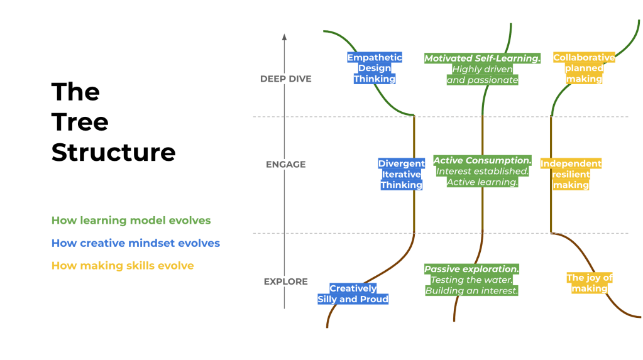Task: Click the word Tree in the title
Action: [x=80, y=122]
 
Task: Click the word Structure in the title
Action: [x=113, y=152]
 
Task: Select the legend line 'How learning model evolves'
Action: [x=131, y=221]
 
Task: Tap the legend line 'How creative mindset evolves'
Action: [x=135, y=243]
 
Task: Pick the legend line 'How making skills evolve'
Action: [x=123, y=266]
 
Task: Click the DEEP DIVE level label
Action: [x=285, y=79]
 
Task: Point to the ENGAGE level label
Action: [x=285, y=165]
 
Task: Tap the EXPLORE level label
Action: [x=285, y=281]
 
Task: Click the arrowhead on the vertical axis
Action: [x=284, y=38]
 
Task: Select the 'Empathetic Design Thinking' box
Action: [x=375, y=68]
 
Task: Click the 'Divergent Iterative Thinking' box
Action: [x=401, y=174]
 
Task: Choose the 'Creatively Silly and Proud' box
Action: [x=353, y=294]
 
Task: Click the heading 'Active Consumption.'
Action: [x=482, y=161]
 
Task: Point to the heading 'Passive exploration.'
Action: [x=471, y=269]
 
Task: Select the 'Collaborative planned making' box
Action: [x=584, y=68]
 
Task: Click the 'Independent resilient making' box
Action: [x=571, y=174]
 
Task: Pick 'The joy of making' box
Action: [x=589, y=283]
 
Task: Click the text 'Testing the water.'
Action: [x=471, y=280]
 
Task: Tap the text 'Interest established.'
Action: [x=482, y=172]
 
